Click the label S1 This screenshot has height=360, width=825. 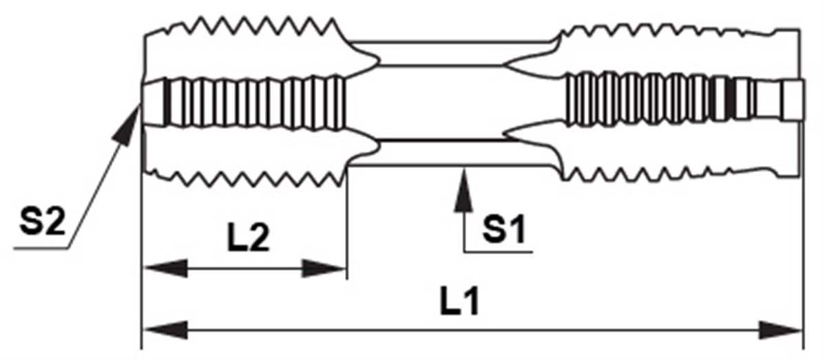pos(503,231)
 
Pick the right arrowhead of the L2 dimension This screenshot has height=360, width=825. pos(324,268)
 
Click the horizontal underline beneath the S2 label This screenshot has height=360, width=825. pos(40,248)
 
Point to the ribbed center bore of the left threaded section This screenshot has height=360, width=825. pos(255,103)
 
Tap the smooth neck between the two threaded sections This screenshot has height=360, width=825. pos(441,103)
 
